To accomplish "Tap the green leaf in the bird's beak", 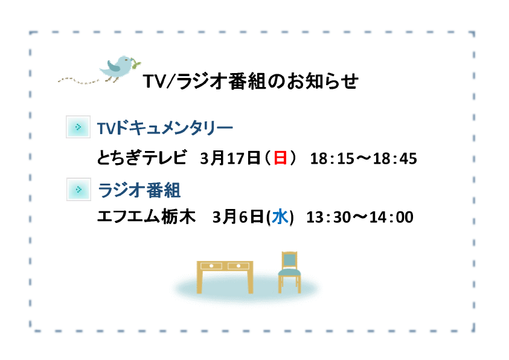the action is (x=136, y=63).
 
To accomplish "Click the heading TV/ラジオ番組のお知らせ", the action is (x=251, y=81).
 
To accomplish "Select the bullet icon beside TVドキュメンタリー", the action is (x=78, y=127).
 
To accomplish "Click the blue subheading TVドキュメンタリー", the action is (x=165, y=128).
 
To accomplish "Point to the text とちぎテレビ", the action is (x=142, y=158).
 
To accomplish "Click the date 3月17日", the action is (x=230, y=158).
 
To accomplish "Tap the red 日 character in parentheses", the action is (x=280, y=158).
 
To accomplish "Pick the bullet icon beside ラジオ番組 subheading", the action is (x=78, y=189).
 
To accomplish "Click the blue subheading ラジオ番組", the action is (x=139, y=190).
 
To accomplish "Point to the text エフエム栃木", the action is (x=146, y=216).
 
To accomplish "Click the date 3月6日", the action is (x=238, y=217).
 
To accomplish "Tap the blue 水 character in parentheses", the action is (x=280, y=217).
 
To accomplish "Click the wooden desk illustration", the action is (x=225, y=277).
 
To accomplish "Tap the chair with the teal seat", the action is (x=289, y=272).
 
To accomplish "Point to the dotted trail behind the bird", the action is (x=78, y=80).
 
